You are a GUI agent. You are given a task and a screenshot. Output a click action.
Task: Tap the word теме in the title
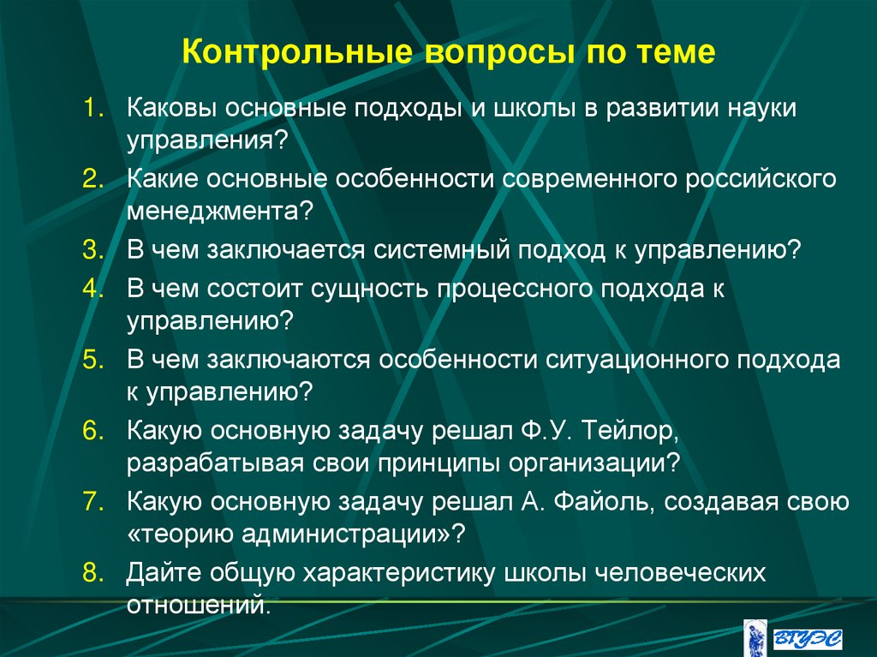[673, 53]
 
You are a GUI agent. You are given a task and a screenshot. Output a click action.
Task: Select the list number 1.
[92, 110]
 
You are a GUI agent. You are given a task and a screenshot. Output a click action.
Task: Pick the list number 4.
[92, 289]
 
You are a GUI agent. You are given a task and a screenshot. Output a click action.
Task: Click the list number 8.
[92, 572]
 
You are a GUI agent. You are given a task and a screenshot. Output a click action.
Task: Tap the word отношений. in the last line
[199, 604]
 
